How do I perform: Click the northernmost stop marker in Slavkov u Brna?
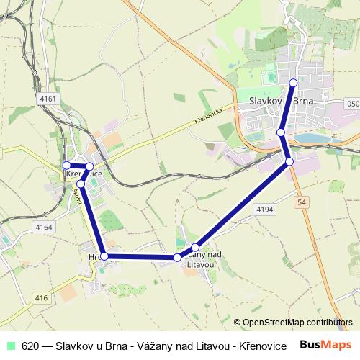(293, 83)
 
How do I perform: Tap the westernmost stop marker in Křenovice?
(66, 166)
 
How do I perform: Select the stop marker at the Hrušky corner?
(104, 256)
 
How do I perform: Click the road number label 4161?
(48, 97)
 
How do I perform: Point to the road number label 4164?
(44, 227)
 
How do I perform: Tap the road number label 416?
(41, 297)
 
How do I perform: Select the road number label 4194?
(264, 208)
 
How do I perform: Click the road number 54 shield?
(300, 204)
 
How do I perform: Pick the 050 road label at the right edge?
(352, 104)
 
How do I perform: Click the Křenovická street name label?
(211, 115)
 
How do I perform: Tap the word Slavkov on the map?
(268, 101)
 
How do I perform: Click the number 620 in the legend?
(30, 345)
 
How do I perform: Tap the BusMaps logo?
(325, 344)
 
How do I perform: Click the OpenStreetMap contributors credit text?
(297, 322)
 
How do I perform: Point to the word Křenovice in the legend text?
(260, 345)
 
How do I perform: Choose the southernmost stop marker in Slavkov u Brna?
(289, 161)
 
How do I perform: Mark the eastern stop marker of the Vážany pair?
(195, 248)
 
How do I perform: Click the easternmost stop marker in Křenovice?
(90, 166)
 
